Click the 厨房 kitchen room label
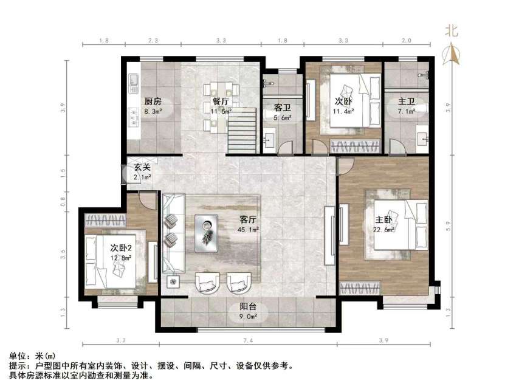tap(153, 102)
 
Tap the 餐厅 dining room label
tap(220, 102)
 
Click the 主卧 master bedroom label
tap(383, 219)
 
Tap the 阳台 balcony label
tap(247, 307)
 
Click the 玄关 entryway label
tap(142, 167)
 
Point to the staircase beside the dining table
tap(242, 125)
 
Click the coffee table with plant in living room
tap(209, 233)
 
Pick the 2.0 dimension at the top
tap(407, 41)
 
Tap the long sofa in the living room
tap(172, 234)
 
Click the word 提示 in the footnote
tap(18, 367)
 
